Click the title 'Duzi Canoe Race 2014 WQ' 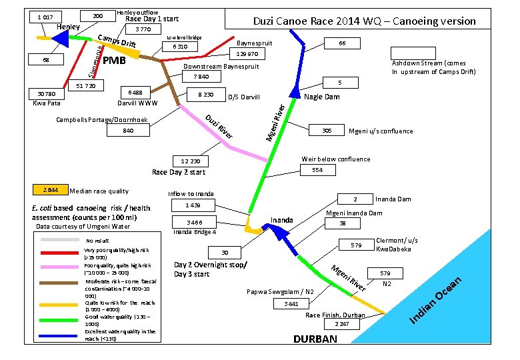click(x=365, y=21)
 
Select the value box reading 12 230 click(x=190, y=161)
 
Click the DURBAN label click(x=315, y=339)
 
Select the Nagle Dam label click(x=321, y=97)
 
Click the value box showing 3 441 click(x=291, y=303)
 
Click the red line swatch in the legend click(x=60, y=253)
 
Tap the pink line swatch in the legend click(x=60, y=266)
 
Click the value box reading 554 click(x=317, y=171)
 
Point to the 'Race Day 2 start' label click(x=179, y=173)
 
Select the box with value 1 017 click(x=45, y=16)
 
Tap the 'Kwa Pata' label click(x=46, y=103)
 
